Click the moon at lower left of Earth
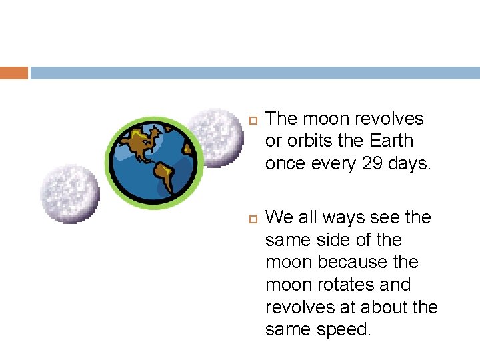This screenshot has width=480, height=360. [x=69, y=193]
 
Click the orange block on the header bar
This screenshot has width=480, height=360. [x=13, y=73]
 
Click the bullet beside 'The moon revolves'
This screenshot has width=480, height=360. [x=251, y=120]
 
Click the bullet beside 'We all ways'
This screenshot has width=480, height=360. [x=251, y=219]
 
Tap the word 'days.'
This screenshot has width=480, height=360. [x=410, y=163]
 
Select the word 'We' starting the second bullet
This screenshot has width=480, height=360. [x=277, y=217]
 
